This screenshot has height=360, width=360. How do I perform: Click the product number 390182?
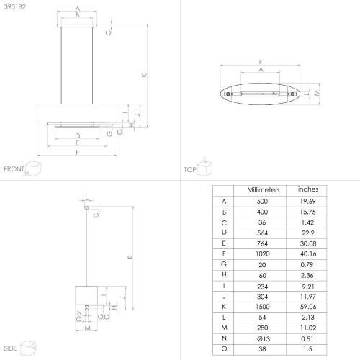click(14, 7)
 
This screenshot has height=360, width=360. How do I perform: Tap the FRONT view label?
click(14, 169)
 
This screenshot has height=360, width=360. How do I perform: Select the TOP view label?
click(190, 170)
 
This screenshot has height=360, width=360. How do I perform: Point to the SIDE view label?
click(10, 348)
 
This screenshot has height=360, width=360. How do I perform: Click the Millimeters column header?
click(264, 190)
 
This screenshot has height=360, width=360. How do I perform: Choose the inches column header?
click(308, 189)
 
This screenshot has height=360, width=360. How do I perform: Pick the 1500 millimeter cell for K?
click(263, 307)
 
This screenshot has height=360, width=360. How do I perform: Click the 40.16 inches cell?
click(308, 253)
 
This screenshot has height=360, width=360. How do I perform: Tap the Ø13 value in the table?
click(264, 339)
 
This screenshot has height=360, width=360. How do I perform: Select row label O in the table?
click(224, 348)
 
